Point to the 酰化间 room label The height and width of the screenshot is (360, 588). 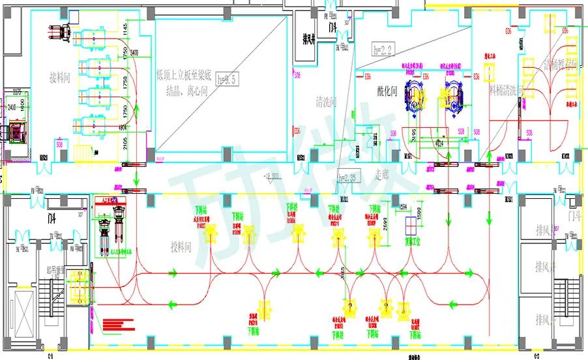pos(387,92)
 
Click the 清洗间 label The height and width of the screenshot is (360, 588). pos(325,102)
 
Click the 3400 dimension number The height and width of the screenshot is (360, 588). pos(133,52)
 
